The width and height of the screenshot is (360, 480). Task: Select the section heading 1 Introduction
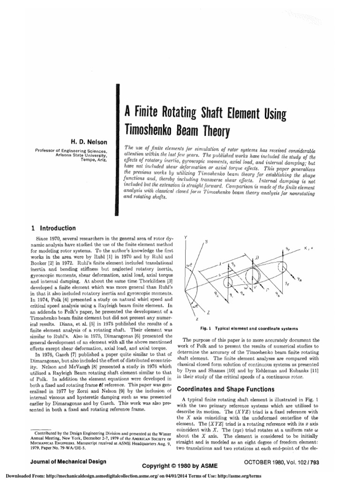[53, 228]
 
